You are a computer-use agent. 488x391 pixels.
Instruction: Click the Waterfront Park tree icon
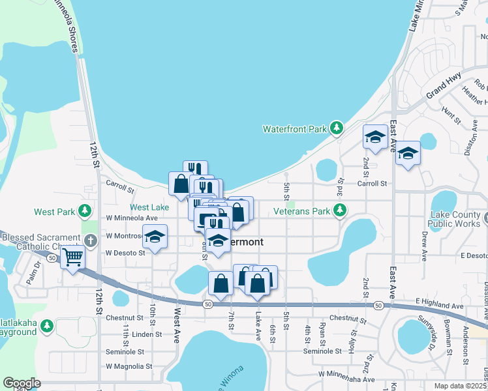337,128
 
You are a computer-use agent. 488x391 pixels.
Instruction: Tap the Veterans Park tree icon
339,210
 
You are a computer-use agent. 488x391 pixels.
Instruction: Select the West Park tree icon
84,210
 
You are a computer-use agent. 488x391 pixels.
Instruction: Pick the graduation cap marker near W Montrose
155,237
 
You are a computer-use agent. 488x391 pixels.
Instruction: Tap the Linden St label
147,334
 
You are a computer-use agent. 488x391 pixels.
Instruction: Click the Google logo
22,383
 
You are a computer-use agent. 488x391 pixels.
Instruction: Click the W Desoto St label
125,252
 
